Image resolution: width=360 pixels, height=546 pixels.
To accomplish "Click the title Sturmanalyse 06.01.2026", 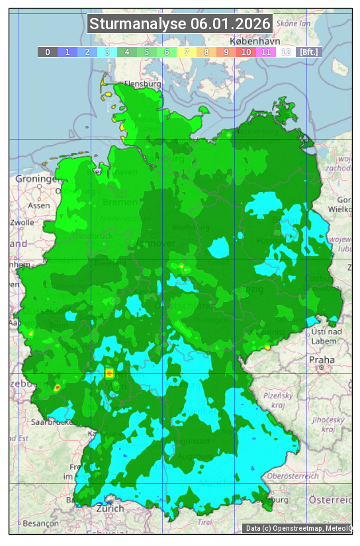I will [180, 24].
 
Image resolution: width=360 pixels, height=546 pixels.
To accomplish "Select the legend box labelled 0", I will [47, 52].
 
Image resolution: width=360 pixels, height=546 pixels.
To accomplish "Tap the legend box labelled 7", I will [187, 52].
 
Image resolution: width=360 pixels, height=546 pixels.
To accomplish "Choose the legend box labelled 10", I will [246, 52].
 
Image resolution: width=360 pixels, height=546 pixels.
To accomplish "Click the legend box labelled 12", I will [286, 52].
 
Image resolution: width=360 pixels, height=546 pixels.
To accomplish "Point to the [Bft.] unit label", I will [308, 52].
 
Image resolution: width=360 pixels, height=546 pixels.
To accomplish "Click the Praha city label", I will [322, 359].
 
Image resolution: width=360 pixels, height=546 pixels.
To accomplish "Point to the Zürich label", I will [110, 508].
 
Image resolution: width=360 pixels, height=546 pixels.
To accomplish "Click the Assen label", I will [38, 205].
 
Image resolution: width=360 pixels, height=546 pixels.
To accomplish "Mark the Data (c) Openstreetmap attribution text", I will [298, 528].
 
